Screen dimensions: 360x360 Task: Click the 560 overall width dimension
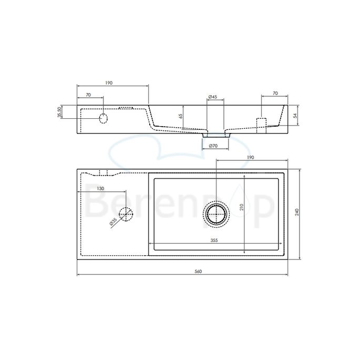198,271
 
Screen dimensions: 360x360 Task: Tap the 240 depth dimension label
297,212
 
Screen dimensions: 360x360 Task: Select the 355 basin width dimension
214,240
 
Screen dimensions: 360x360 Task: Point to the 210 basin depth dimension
241,207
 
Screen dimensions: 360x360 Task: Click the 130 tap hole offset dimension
100,189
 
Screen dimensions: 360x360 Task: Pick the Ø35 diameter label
113,222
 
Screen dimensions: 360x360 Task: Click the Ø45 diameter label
213,97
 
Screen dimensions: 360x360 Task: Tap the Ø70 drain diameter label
213,146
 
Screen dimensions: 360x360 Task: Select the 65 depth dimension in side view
181,116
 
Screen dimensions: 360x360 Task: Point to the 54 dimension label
295,116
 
